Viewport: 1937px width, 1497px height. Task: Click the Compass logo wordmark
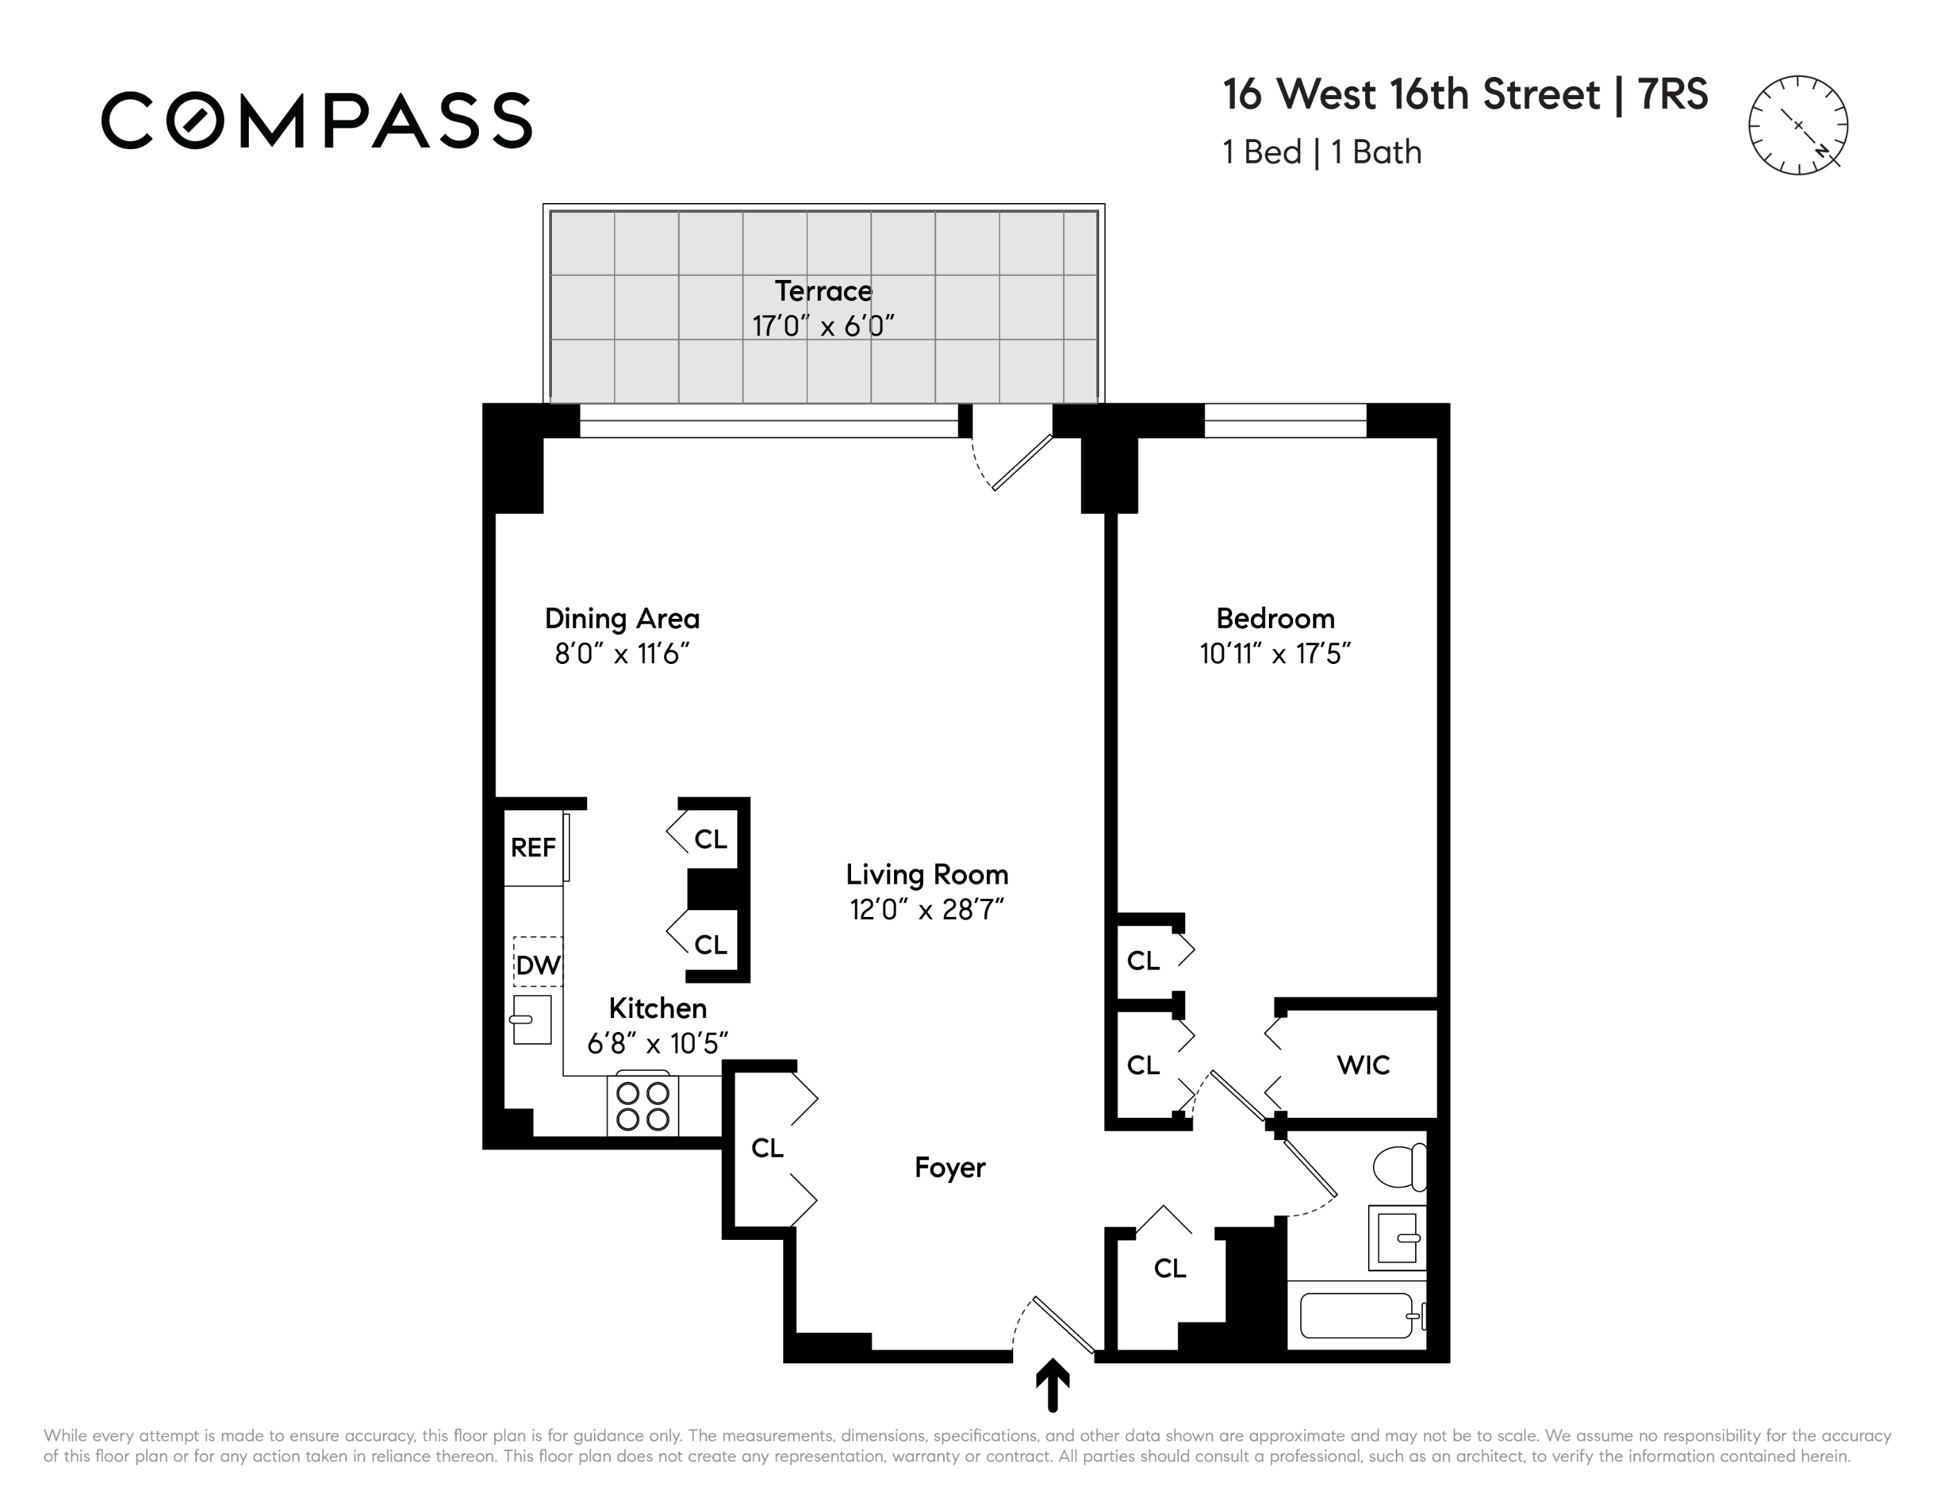tap(317, 120)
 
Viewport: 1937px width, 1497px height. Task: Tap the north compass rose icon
tap(1798, 125)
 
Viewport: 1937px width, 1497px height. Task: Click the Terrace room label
tap(823, 291)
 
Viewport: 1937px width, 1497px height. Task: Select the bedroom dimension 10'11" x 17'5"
tap(1275, 654)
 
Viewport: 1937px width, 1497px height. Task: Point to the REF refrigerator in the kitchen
tap(534, 848)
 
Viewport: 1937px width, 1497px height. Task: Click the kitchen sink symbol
tap(532, 1019)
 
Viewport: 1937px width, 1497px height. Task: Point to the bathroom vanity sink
tap(1398, 1237)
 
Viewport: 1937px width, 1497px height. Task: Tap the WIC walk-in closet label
tap(1363, 1065)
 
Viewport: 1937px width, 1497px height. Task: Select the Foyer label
tap(950, 1167)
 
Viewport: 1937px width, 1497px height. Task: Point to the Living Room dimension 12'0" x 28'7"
tap(927, 910)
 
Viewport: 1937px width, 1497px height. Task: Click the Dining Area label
tap(622, 618)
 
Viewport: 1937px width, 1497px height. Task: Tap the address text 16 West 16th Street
tap(1412, 94)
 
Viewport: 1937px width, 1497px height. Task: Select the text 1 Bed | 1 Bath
tap(1322, 152)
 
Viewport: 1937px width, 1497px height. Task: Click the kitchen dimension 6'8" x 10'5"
tap(657, 1043)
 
